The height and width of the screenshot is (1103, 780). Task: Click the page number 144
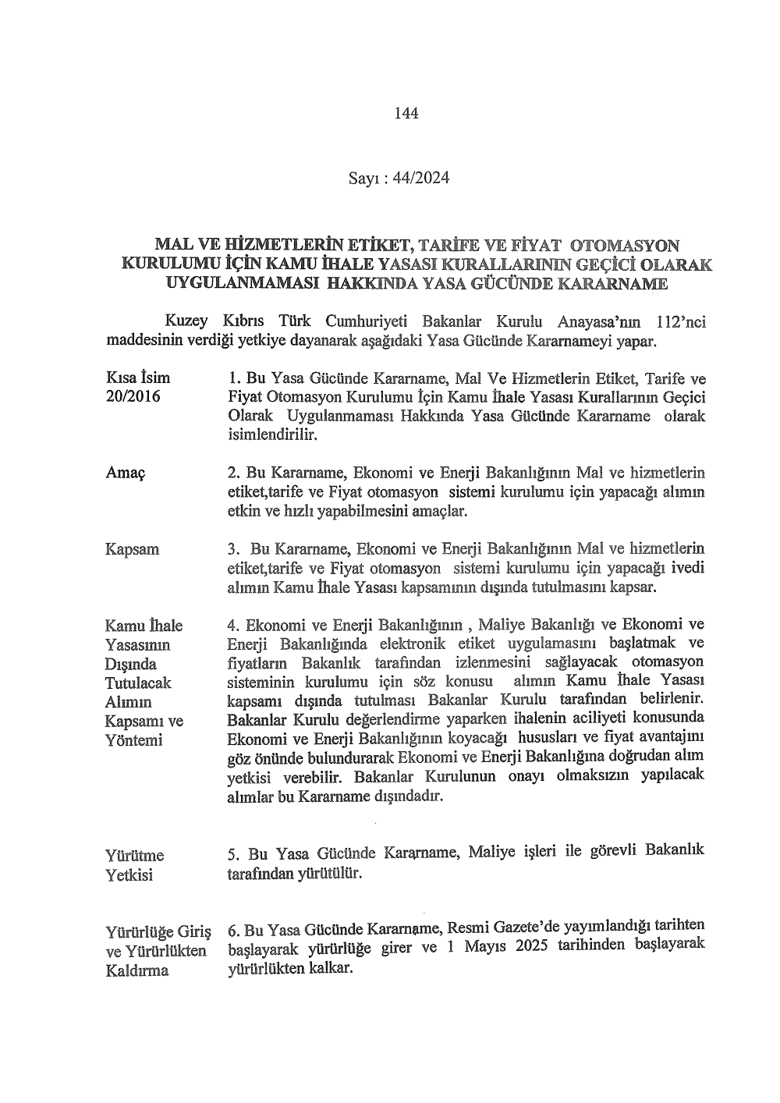pyautogui.click(x=406, y=113)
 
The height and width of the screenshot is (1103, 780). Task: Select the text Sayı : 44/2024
pyautogui.click(x=399, y=179)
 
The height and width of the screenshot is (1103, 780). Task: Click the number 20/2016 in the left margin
pyautogui.click(x=133, y=397)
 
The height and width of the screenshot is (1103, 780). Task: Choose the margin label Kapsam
pyautogui.click(x=133, y=549)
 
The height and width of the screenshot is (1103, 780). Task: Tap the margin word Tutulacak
pyautogui.click(x=138, y=683)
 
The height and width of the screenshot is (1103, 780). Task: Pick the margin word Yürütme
pyautogui.click(x=135, y=857)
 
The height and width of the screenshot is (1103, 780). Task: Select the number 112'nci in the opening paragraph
pyautogui.click(x=681, y=321)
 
